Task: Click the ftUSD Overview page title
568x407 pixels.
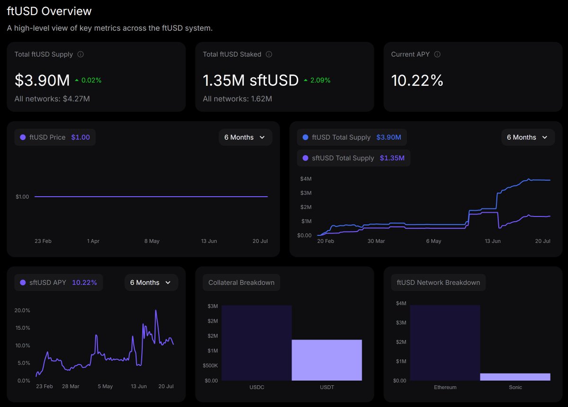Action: coord(49,11)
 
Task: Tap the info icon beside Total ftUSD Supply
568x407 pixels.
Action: coord(80,54)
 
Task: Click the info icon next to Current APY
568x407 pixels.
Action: coord(437,54)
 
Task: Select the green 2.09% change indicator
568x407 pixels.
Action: coord(317,80)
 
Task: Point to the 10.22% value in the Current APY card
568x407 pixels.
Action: coord(417,80)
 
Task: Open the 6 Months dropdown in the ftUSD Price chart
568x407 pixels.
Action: coord(245,137)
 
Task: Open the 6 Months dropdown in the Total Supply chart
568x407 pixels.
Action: coord(528,137)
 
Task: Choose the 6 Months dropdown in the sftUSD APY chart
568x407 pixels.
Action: coord(151,282)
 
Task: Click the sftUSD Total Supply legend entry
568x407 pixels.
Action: coord(354,158)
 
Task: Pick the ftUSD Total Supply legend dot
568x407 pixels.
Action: coord(306,137)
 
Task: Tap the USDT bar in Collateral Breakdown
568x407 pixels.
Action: coord(327,360)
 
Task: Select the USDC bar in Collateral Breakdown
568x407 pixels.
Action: coord(257,343)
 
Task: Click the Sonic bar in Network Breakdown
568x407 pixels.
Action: coord(515,377)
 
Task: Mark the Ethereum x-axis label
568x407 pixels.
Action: coord(445,387)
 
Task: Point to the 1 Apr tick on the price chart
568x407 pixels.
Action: coord(93,241)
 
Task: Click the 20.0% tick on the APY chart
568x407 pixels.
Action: coord(22,310)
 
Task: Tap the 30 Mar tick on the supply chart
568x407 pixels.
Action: coord(376,241)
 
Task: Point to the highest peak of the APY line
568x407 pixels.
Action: coord(156,310)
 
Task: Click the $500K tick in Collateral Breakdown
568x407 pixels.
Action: coord(210,366)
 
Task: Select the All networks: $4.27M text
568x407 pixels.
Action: coord(52,99)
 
